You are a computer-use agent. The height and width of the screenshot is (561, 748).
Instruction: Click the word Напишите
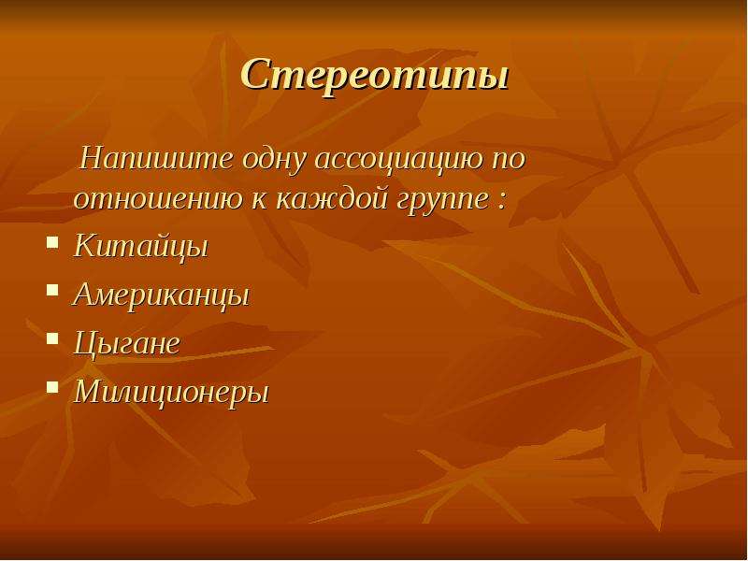[157, 158]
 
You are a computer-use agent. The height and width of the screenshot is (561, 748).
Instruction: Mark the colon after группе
[499, 201]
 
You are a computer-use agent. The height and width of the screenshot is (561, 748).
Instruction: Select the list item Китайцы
[141, 246]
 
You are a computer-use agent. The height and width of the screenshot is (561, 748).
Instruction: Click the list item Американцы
[161, 295]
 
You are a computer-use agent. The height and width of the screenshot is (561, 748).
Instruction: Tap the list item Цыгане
[127, 343]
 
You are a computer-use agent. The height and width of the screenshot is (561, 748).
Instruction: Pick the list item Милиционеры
[172, 392]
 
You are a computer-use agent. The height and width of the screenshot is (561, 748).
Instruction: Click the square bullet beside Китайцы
[52, 243]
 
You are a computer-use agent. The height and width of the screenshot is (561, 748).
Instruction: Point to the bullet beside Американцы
[52, 290]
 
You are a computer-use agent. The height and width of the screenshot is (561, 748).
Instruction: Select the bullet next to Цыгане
[52, 338]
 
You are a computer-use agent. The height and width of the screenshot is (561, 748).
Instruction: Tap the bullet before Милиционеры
[52, 386]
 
